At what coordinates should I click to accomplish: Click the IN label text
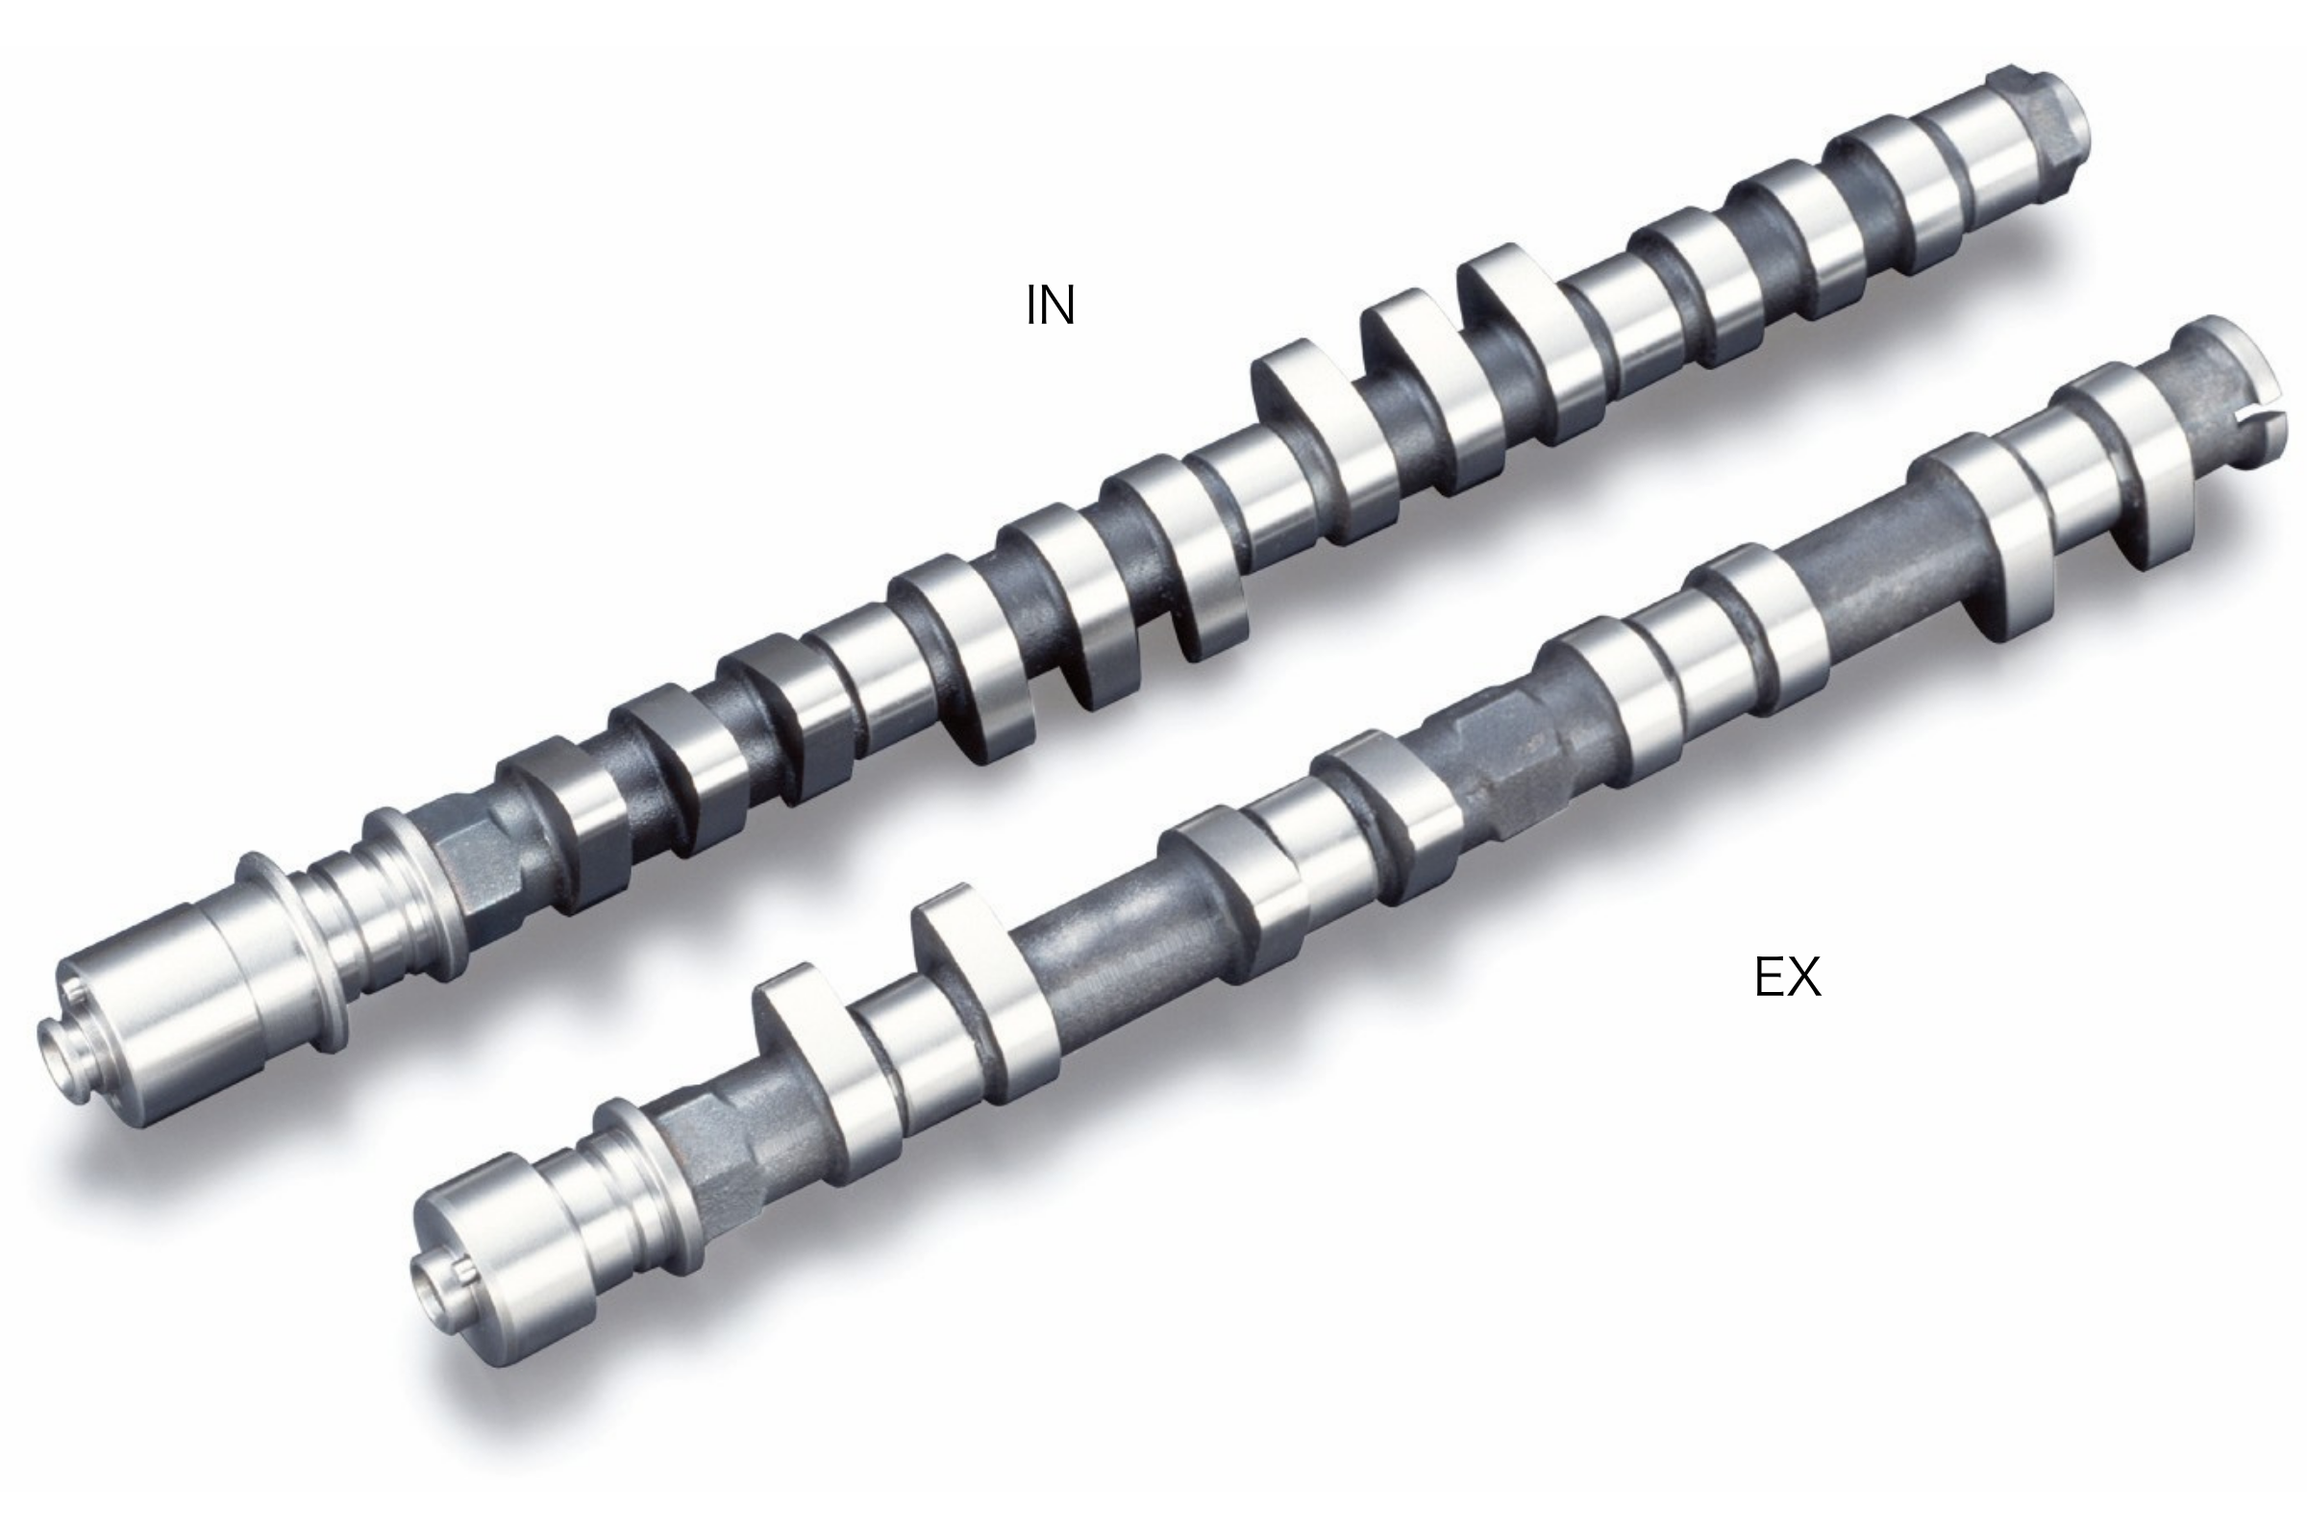1051,305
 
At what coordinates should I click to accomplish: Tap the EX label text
1787,978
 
